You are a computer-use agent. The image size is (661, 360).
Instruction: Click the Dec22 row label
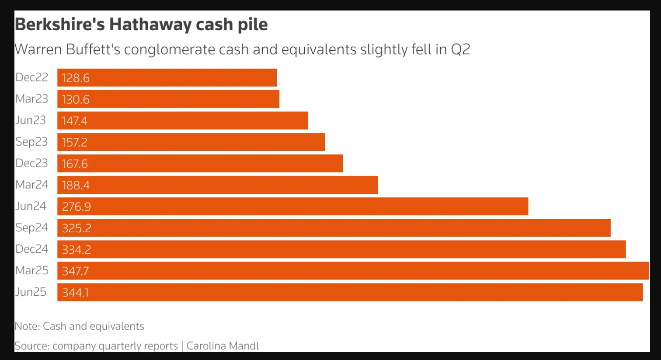(x=31, y=77)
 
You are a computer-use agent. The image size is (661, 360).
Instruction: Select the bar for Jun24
(x=292, y=206)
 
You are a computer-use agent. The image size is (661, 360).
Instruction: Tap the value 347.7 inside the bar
(x=75, y=271)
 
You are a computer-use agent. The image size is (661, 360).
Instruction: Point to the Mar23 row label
(x=31, y=99)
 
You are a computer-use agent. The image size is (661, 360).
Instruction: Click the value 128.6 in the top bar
(x=76, y=78)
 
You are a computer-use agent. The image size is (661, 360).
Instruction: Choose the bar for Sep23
(x=191, y=142)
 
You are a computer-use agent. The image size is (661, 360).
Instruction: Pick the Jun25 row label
(x=31, y=292)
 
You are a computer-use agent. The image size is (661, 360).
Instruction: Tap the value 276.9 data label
(x=76, y=206)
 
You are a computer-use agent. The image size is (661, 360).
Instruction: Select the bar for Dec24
(x=341, y=249)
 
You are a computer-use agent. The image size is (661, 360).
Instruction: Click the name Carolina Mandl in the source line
(x=223, y=346)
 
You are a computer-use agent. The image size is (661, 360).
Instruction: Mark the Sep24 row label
(x=31, y=228)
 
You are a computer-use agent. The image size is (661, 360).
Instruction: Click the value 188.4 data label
(x=76, y=185)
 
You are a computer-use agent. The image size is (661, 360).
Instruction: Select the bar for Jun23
(x=182, y=121)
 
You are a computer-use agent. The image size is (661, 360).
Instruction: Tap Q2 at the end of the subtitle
(x=460, y=49)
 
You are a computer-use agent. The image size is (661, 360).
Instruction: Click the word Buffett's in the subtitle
(x=93, y=49)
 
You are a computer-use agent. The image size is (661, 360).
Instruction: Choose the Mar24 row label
(x=31, y=185)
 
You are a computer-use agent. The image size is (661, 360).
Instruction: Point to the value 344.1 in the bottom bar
(x=75, y=292)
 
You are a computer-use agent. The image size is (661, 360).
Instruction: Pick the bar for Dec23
(x=200, y=164)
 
